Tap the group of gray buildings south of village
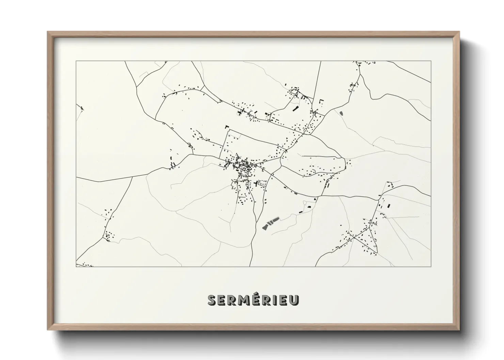[x=270, y=223]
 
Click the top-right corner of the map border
[x=431, y=61]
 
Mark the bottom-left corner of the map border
[x=76, y=266]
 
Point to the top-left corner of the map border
[x=76, y=61]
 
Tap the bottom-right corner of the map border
[x=431, y=266]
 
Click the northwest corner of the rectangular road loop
[x=225, y=130]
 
